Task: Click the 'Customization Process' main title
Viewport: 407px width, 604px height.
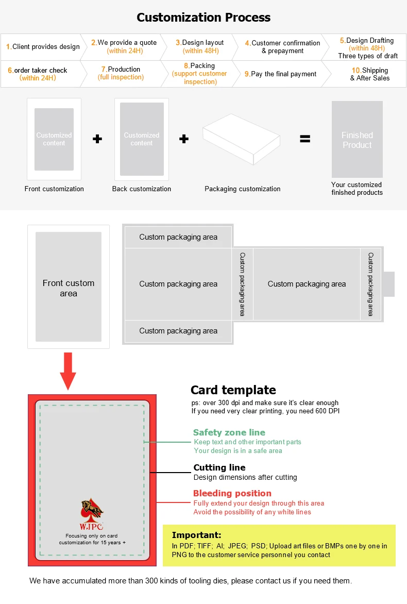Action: click(203, 18)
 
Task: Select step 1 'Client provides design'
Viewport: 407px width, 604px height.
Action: click(43, 47)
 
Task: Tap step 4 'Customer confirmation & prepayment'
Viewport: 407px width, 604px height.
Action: click(282, 47)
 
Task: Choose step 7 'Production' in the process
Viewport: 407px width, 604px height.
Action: click(121, 73)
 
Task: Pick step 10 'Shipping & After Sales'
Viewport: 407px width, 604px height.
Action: click(370, 74)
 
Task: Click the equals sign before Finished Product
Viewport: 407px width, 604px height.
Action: click(306, 139)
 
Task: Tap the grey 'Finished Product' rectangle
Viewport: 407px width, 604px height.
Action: click(357, 140)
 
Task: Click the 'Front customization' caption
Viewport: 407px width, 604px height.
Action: click(54, 189)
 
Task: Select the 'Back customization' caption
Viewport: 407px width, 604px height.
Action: click(142, 189)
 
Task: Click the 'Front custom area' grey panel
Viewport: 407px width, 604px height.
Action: click(69, 287)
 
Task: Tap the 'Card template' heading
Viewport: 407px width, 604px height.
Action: click(233, 390)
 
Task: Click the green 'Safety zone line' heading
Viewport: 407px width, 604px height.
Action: click(229, 433)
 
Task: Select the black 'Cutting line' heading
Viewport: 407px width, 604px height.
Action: click(219, 468)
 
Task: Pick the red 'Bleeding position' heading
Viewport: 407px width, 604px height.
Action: click(232, 493)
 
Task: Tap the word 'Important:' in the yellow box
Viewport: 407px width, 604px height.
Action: click(196, 535)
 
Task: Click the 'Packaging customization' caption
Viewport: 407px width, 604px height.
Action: click(243, 189)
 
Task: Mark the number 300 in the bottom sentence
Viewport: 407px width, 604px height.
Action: click(157, 581)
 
